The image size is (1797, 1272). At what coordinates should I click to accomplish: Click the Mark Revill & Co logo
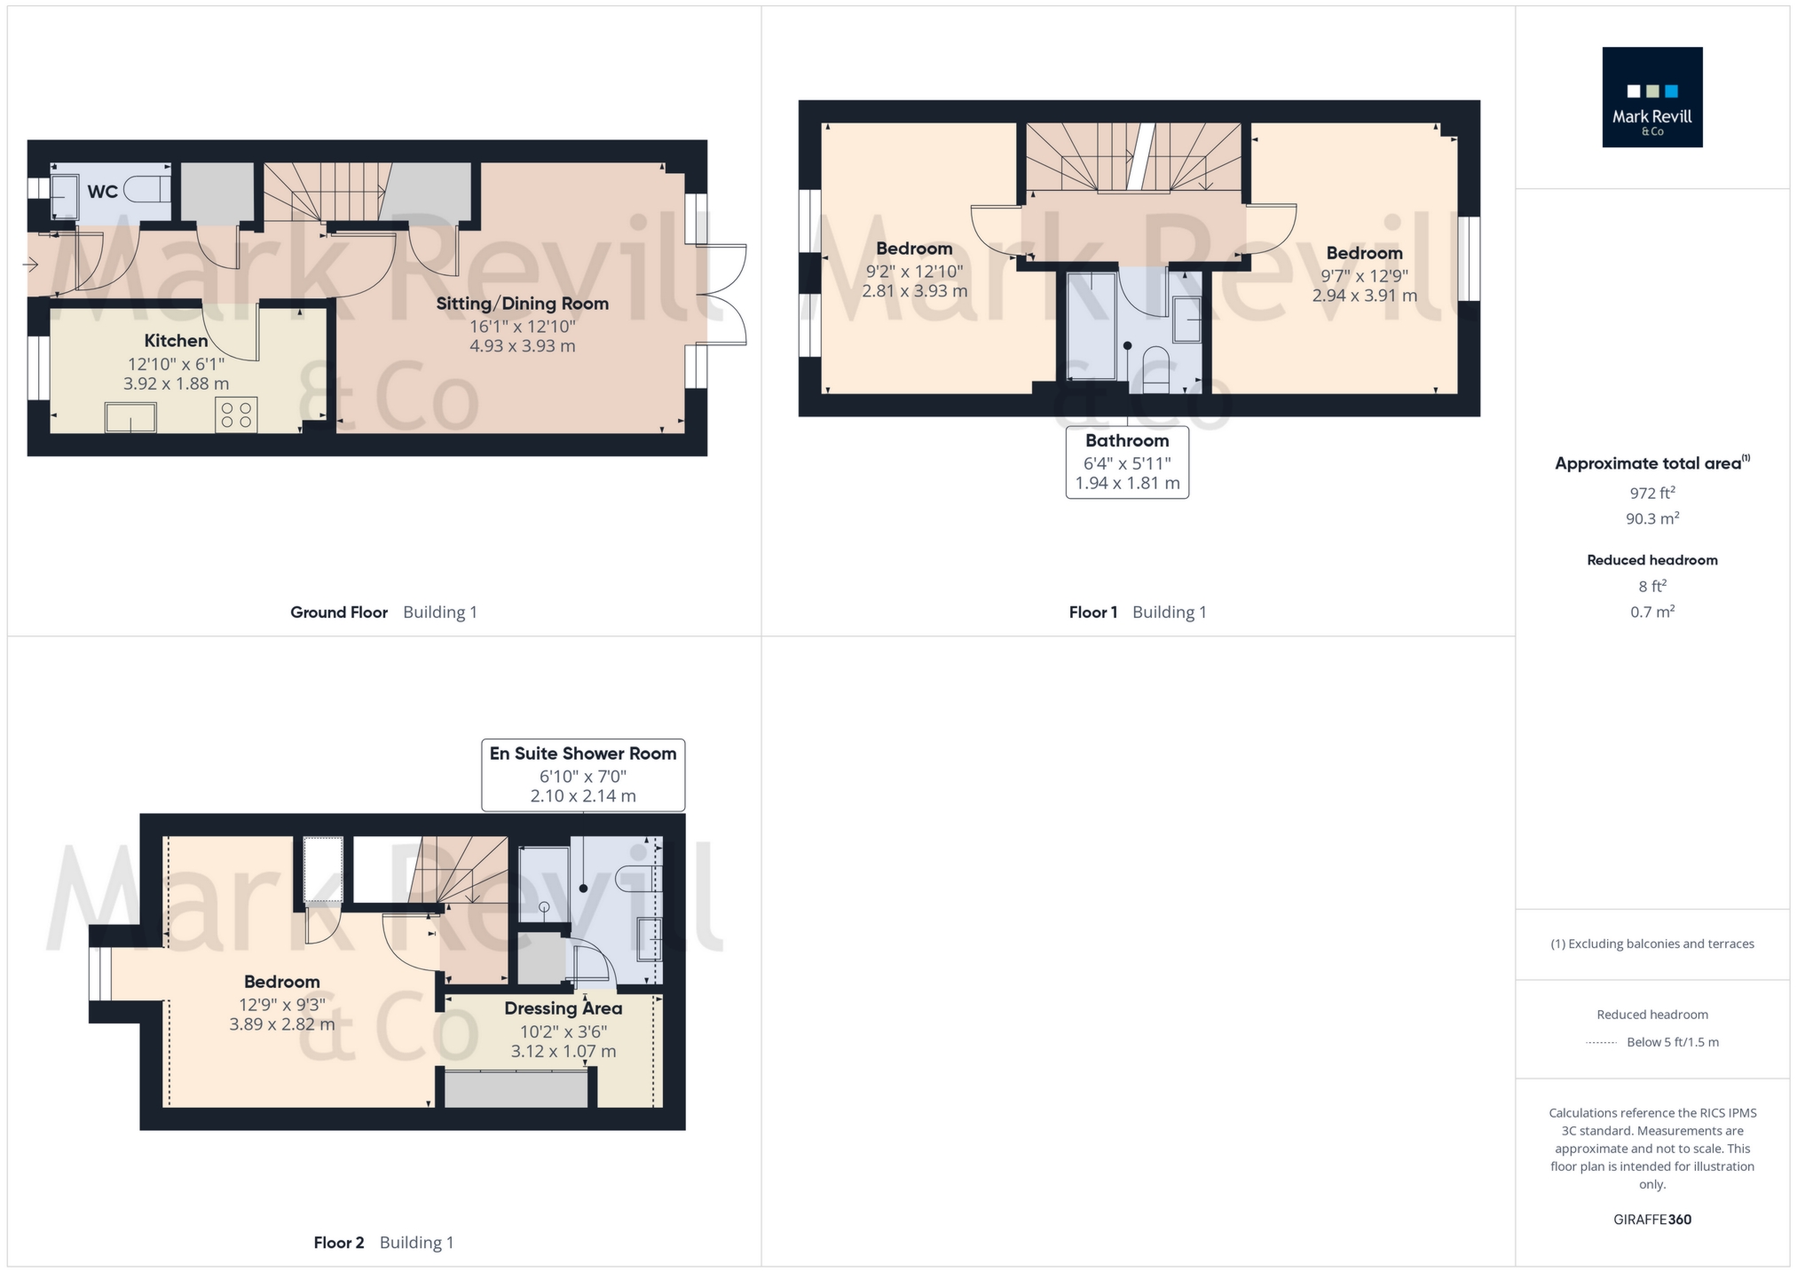(1651, 97)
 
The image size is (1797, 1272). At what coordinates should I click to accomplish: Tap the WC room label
(102, 192)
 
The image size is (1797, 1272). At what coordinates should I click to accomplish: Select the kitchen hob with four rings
(236, 415)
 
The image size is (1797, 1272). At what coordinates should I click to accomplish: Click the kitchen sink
(130, 417)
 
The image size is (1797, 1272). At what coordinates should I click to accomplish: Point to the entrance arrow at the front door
(30, 265)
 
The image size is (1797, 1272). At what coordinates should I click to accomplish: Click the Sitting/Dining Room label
(522, 304)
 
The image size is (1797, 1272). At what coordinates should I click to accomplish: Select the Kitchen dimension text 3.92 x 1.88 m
(176, 383)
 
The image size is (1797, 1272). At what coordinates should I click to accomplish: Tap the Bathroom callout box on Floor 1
(1127, 462)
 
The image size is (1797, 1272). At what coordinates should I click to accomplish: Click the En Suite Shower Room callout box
(583, 774)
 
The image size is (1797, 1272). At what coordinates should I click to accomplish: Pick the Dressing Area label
(563, 1008)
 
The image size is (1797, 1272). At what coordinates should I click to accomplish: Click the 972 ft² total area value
(1651, 493)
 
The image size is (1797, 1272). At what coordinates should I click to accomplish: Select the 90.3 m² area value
(1651, 518)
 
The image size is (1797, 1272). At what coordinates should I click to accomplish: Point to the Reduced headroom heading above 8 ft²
(1651, 560)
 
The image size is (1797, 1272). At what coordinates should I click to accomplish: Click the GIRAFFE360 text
(1651, 1220)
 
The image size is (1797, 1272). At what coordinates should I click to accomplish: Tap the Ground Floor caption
(339, 612)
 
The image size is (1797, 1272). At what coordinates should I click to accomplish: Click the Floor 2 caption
(339, 1243)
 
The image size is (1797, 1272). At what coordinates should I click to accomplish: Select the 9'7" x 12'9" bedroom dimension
(1364, 276)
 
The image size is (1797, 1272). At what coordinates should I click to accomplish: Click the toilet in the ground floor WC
(146, 189)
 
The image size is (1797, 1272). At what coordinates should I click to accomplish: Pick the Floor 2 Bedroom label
(281, 982)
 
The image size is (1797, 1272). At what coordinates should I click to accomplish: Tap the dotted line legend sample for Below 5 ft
(1601, 1043)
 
